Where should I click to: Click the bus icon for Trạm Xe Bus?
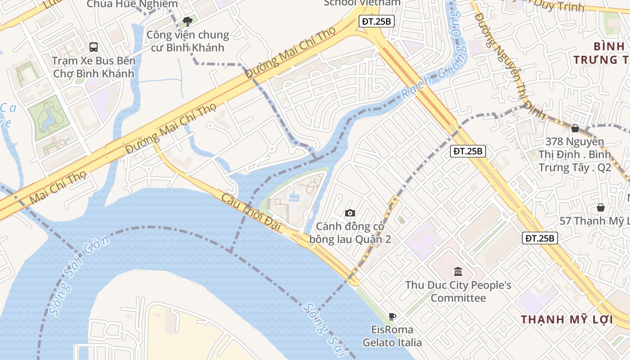tap(94, 47)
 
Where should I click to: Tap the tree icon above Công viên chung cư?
tap(188, 21)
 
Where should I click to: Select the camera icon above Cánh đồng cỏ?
tap(350, 213)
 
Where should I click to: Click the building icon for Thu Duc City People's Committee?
tap(458, 271)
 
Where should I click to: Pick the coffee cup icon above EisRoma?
tap(392, 316)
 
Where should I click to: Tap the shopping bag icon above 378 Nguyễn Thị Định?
tap(575, 128)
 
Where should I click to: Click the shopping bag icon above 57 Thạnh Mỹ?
tap(600, 207)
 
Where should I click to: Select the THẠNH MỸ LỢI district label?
tap(567, 319)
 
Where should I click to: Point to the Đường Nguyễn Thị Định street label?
tap(508, 63)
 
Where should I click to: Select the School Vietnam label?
tap(362, 3)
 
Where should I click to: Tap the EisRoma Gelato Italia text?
tap(392, 336)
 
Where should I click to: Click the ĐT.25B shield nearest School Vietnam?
tap(377, 21)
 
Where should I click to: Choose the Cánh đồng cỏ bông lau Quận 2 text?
tap(350, 233)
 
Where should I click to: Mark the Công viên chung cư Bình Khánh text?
tap(188, 40)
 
